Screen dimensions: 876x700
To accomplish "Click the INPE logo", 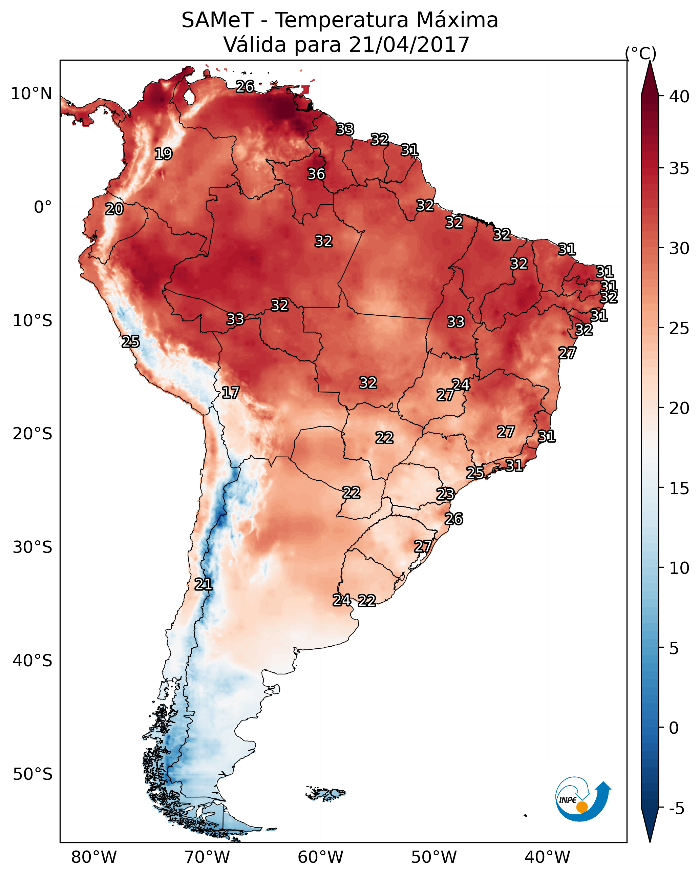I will pos(582,799).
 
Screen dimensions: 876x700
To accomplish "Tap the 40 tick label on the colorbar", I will pos(679,97).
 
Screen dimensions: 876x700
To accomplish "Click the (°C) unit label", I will pos(640,53).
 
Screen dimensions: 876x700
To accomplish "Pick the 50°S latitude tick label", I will pos(33,774).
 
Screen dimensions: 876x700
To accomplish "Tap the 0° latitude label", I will pos(43,207).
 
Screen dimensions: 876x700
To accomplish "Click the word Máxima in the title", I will pos(457,20).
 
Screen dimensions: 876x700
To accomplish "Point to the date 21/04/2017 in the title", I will pos(409,45).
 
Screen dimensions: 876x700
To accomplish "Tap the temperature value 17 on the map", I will pos(230,393).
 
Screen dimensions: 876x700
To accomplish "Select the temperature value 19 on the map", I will pos(163,154).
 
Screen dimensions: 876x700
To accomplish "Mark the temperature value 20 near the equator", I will pos(114,209).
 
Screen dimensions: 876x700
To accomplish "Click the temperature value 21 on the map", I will pos(203,584).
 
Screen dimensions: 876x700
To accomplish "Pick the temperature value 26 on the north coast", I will pos(245,86).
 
